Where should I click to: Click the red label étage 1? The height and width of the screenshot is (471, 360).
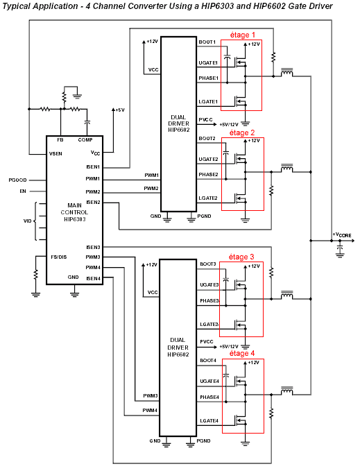pyautogui.click(x=242, y=35)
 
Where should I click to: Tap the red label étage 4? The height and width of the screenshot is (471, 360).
pyautogui.click(x=242, y=354)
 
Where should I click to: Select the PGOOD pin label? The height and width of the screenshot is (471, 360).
pyautogui.click(x=18, y=180)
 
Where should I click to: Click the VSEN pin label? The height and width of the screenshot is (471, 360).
pyautogui.click(x=55, y=154)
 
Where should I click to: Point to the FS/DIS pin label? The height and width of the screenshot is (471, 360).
pyautogui.click(x=59, y=257)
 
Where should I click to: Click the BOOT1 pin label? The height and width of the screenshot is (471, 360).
pyautogui.click(x=207, y=42)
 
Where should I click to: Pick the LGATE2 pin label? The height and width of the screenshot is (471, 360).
pyautogui.click(x=208, y=198)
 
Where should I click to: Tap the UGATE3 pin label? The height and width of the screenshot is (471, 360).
pyautogui.click(x=209, y=285)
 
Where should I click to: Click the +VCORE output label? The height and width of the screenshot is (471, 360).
pyautogui.click(x=342, y=235)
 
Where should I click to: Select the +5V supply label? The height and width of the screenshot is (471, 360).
pyautogui.click(x=119, y=110)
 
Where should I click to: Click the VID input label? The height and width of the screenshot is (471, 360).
pyautogui.click(x=27, y=221)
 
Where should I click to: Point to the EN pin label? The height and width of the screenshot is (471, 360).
pyautogui.click(x=23, y=191)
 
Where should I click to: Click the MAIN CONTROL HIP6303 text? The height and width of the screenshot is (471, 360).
pyautogui.click(x=74, y=212)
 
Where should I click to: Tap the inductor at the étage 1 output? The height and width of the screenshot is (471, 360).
pyautogui.click(x=286, y=72)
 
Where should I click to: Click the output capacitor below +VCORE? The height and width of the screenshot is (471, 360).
pyautogui.click(x=340, y=250)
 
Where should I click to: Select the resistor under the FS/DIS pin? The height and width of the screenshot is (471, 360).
pyautogui.click(x=36, y=275)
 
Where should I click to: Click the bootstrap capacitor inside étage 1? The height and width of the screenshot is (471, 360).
pyautogui.click(x=228, y=56)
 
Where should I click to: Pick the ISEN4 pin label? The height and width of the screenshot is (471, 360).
pyautogui.click(x=93, y=279)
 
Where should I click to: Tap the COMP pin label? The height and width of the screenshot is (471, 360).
pyautogui.click(x=85, y=140)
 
